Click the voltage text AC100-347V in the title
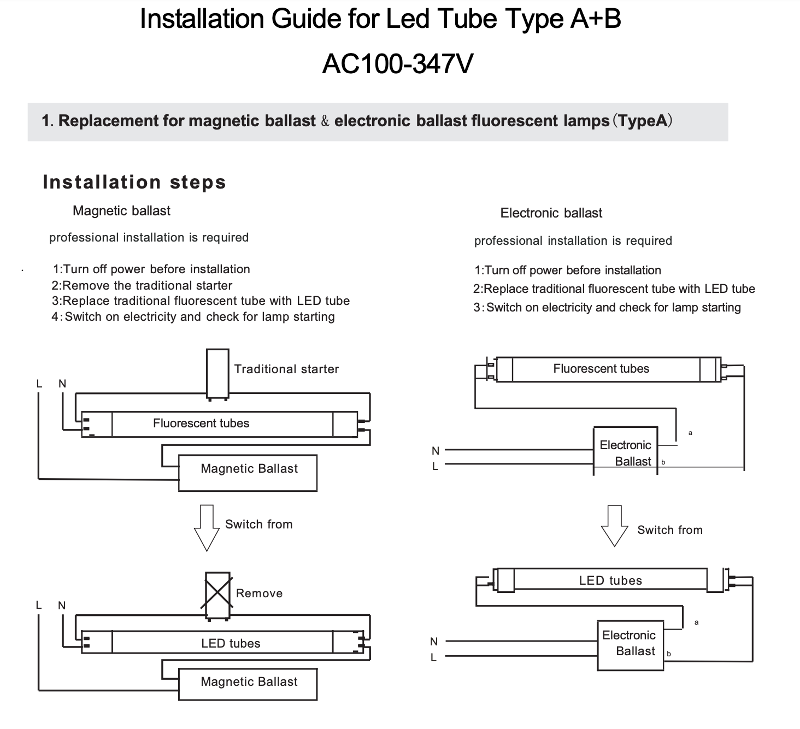click(397, 64)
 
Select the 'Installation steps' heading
click(134, 182)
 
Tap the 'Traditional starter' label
click(286, 369)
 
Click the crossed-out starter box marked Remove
click(217, 595)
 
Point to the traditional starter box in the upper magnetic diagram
click(217, 373)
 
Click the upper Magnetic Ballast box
click(248, 473)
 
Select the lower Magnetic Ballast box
click(248, 684)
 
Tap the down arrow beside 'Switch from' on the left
click(207, 527)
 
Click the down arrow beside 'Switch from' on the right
click(614, 525)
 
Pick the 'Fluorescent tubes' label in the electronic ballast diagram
click(601, 369)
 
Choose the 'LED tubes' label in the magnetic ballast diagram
click(231, 643)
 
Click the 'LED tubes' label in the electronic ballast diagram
click(610, 580)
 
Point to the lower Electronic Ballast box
click(630, 645)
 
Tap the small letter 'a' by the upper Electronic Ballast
click(690, 433)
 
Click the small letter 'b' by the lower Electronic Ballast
click(669, 654)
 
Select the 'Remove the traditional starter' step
click(142, 285)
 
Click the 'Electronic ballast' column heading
click(551, 213)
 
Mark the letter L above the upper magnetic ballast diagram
click(39, 384)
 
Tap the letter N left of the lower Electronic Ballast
click(434, 641)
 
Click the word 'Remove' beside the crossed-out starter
click(259, 593)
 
